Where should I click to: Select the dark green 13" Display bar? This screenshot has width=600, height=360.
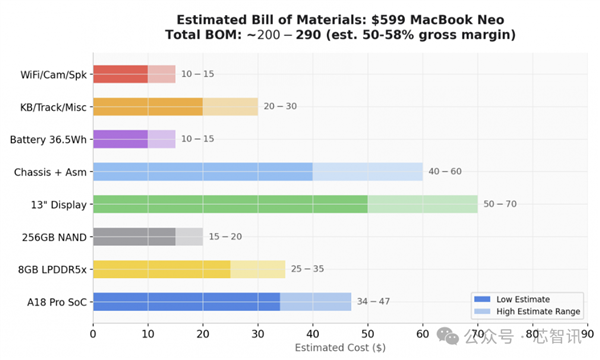click(230, 204)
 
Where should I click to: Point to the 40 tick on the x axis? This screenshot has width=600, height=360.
click(312, 334)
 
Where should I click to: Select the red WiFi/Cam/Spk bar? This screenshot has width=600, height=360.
click(120, 73)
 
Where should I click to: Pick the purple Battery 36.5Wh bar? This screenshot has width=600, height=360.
click(120, 139)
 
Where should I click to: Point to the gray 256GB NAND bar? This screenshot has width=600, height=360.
click(134, 236)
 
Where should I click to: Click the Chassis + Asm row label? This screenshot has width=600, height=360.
click(50, 171)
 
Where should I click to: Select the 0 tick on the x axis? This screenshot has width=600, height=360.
click(93, 334)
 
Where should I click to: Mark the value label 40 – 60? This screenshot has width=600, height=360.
click(446, 171)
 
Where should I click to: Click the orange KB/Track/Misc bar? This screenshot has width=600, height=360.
click(147, 106)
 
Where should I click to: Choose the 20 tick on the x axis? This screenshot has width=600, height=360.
click(202, 334)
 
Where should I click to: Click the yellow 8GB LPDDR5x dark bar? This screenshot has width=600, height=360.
click(161, 269)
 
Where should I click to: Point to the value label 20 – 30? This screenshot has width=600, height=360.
click(281, 106)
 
